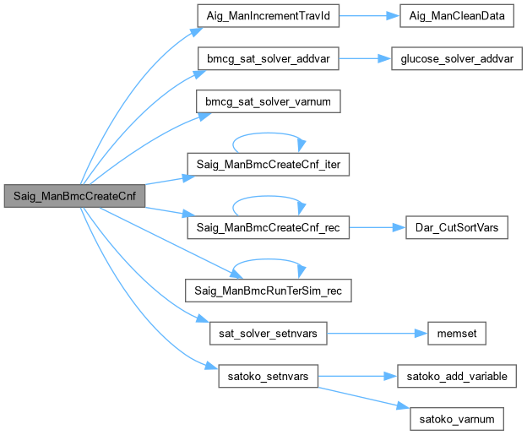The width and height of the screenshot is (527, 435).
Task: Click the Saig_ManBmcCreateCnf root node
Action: tap(73, 195)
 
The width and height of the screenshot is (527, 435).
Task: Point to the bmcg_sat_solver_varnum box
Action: tap(268, 101)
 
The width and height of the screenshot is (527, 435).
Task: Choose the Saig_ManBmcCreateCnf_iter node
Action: tap(268, 163)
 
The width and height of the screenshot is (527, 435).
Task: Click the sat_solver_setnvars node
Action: tap(268, 332)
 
